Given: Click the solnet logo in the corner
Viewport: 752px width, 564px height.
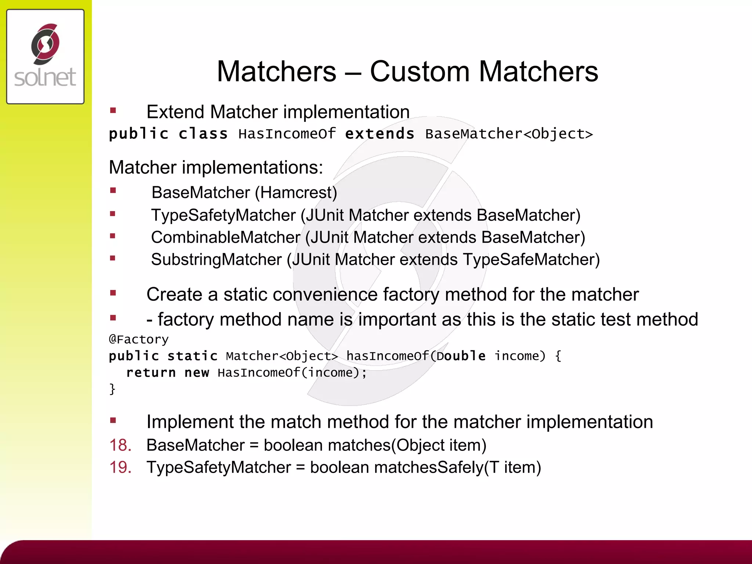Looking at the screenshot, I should [45, 57].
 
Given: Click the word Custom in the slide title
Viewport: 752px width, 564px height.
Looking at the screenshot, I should [420, 71].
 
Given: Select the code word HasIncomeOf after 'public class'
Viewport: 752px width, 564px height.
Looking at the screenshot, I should [287, 134].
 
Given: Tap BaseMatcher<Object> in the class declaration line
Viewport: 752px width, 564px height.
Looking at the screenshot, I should [509, 134].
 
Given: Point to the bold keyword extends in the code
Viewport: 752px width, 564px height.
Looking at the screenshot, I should [380, 134].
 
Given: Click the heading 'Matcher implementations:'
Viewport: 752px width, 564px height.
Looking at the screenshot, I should [216, 167].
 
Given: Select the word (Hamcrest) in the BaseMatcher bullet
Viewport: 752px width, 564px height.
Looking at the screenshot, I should [296, 193].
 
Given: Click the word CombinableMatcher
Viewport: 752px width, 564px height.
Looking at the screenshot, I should [225, 238].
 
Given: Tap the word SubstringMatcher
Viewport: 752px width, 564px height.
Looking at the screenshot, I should [216, 260].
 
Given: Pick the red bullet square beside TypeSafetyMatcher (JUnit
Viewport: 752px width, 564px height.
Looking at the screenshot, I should [113, 214].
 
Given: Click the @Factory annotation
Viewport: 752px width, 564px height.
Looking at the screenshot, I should [139, 340].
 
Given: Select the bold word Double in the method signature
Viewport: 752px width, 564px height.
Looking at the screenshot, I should [461, 356].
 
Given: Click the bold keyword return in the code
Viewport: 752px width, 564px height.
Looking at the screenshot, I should [151, 373].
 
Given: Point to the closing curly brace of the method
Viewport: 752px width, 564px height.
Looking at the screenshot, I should [112, 389].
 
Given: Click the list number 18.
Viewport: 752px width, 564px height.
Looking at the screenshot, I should [120, 445].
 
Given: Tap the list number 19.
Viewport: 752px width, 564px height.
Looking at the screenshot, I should [120, 468].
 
